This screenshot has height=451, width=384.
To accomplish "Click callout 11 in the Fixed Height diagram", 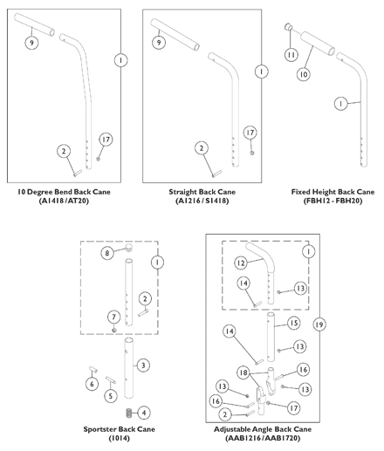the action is (291, 55).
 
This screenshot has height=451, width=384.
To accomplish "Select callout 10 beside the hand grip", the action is (303, 74).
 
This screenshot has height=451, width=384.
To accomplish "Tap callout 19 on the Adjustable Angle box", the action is (319, 325).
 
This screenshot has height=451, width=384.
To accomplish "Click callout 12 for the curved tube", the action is (241, 263).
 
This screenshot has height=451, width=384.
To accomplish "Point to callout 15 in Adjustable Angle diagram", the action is (294, 323).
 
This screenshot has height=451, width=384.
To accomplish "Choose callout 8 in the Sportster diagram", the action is (107, 253).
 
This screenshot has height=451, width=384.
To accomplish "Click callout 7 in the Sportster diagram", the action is (113, 317).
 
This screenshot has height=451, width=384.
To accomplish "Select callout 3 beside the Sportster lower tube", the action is (143, 366).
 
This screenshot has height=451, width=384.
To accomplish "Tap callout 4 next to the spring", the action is (144, 413).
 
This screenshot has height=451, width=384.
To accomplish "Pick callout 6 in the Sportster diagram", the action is (92, 384).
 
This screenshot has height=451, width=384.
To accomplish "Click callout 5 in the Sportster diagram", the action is (111, 396).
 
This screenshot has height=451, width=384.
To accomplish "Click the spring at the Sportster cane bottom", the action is (128, 413).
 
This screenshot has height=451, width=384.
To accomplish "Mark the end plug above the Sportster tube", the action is (129, 248).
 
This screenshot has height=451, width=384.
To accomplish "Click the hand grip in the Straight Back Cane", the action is (175, 34).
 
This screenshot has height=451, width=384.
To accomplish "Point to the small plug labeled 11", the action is (288, 27).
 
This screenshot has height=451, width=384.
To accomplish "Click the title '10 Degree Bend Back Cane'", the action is (64, 192).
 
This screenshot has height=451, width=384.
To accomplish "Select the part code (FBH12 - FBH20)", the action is (333, 201).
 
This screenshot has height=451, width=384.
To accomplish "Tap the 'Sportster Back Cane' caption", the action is (119, 429).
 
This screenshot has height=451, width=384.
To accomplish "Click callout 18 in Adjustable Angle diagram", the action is (243, 372).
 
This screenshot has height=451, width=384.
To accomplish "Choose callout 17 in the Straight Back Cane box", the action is (250, 133).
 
